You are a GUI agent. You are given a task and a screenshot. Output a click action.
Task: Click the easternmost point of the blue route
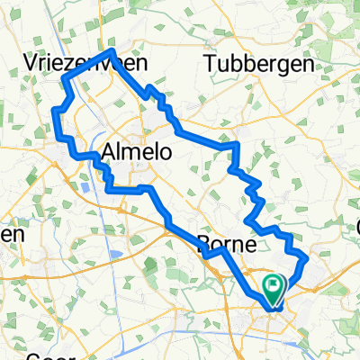tap(308, 259)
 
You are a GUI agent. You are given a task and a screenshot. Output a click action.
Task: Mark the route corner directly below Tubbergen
tap(237, 143)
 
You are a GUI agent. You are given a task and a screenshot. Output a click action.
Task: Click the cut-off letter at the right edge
tap(356, 225)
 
